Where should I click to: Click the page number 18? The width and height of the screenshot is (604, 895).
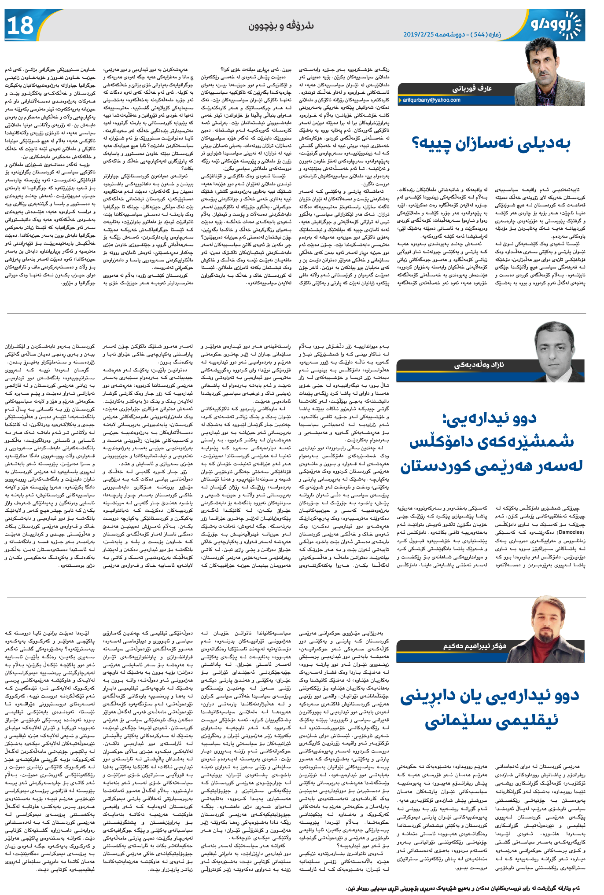tap(20, 26)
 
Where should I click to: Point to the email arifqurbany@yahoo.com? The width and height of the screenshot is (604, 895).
tap(431, 100)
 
